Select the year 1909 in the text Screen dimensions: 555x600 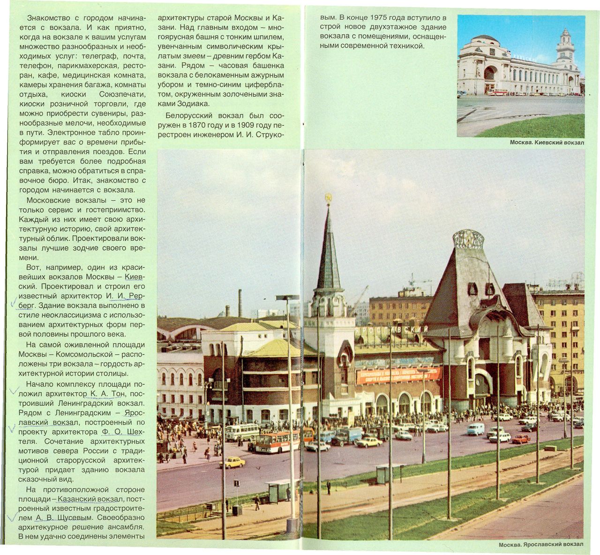[247, 125]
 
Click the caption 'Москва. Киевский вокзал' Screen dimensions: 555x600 [547, 142]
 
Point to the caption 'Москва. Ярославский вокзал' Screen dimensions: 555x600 [541, 544]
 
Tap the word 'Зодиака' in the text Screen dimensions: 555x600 [195, 104]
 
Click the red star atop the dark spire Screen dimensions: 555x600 [328, 198]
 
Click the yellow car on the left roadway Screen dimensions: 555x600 [232, 463]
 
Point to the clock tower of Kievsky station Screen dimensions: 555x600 [565, 52]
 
